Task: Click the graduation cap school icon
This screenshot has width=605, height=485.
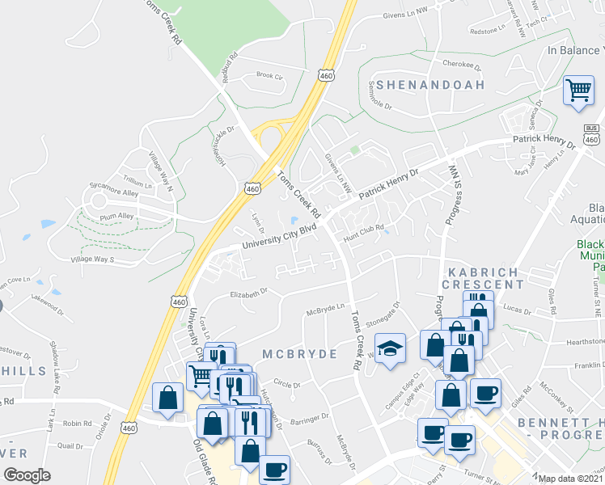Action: [390, 348]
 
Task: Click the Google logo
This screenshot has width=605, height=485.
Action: [27, 475]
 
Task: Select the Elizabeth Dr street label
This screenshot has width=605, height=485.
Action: [248, 294]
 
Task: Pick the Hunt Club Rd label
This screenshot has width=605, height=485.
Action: [362, 230]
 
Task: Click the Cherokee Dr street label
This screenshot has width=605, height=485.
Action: [462, 64]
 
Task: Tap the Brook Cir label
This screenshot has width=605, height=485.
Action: [269, 76]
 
